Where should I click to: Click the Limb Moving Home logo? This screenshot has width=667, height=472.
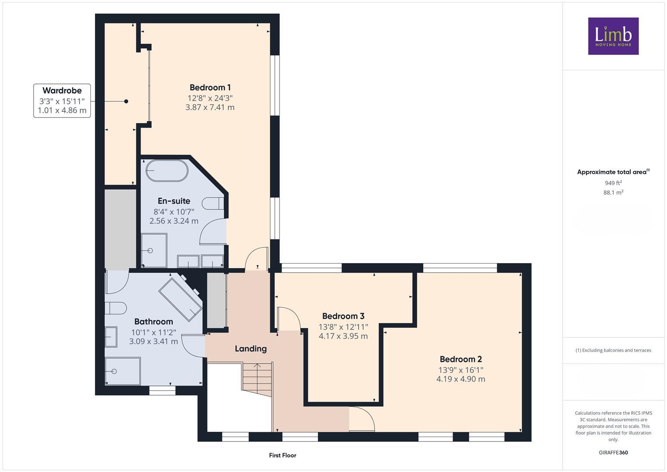613,36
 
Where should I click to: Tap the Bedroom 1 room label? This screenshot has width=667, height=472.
210,87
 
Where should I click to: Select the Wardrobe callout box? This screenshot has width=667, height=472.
62,101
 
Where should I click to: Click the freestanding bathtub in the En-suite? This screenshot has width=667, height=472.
167,170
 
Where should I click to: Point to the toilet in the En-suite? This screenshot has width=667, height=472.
213,204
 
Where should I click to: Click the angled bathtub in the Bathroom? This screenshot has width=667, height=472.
180,298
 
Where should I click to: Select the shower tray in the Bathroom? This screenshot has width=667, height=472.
123,371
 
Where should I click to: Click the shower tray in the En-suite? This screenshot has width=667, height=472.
154,250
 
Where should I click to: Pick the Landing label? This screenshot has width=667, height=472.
250,349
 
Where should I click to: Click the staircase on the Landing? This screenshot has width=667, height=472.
258,378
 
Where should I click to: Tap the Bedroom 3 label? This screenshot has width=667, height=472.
343,316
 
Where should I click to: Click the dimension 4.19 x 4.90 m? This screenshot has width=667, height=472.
460,379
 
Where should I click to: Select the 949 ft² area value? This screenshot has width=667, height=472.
613,183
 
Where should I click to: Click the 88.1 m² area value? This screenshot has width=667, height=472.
613,192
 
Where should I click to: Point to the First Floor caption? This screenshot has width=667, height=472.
283,455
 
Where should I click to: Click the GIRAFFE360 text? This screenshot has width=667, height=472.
613,452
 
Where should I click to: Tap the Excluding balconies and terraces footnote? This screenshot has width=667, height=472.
613,350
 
